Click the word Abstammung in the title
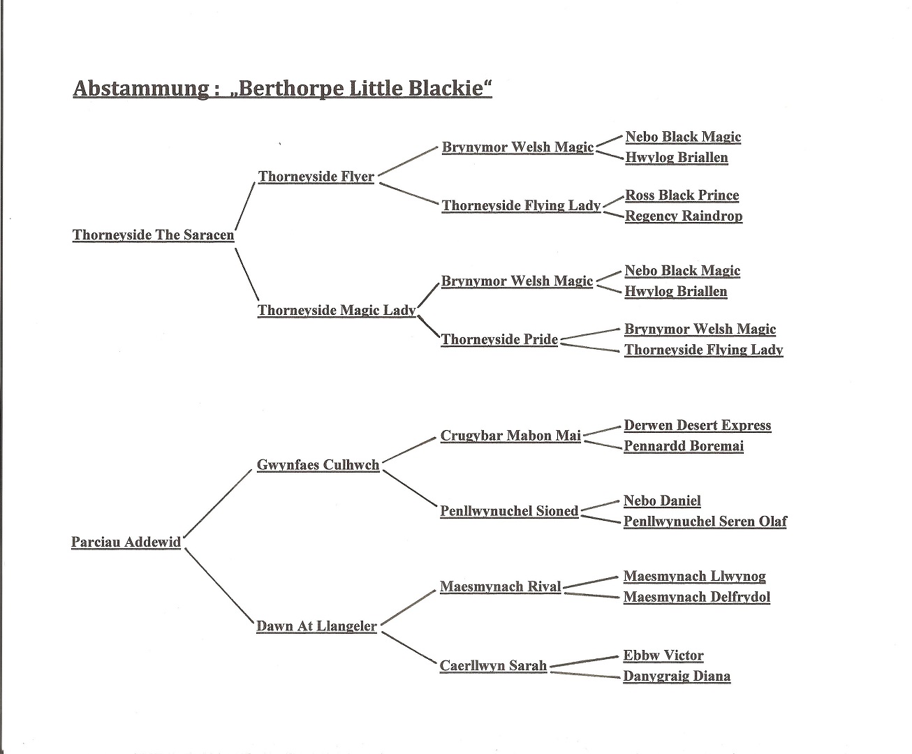[x=140, y=89]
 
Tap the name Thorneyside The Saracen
[x=154, y=235]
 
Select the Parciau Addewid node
[x=126, y=542]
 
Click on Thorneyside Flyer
[x=316, y=177]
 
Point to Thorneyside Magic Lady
[x=337, y=311]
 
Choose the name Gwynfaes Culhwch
[x=318, y=464]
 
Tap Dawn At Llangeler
[x=316, y=626]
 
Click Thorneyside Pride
[x=500, y=339]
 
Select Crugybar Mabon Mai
[x=510, y=435]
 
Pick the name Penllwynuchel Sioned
[x=509, y=511]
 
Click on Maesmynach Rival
[x=501, y=586]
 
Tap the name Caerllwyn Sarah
[x=494, y=665]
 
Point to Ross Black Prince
[x=682, y=195]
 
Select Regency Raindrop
[x=684, y=216]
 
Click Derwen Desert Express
[x=698, y=425]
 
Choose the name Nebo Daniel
[x=662, y=501]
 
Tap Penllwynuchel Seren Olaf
[x=705, y=522]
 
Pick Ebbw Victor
[x=663, y=656]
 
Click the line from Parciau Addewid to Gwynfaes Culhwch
[x=218, y=503]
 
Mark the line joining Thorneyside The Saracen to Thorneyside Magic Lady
[x=247, y=274]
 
